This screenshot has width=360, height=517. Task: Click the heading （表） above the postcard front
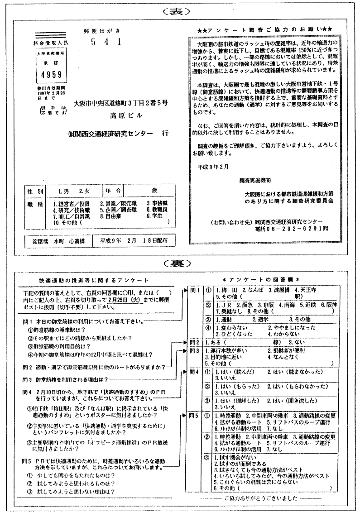179,11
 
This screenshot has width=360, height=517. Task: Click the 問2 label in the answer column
194,342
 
